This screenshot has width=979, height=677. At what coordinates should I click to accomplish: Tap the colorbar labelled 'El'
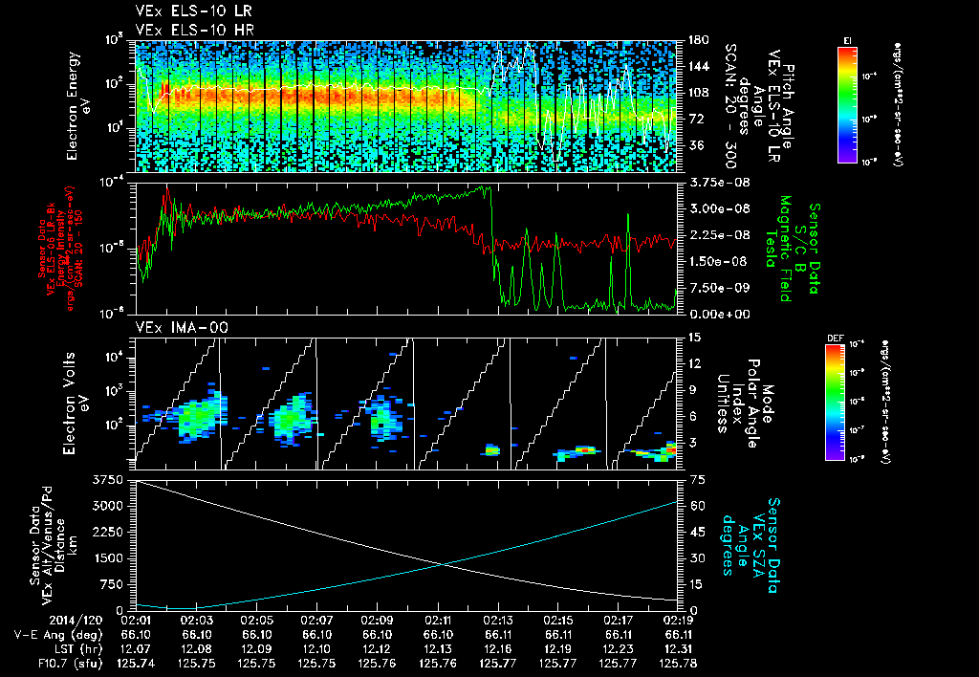[847, 101]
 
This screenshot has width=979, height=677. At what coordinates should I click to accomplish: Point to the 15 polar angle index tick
[690, 337]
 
